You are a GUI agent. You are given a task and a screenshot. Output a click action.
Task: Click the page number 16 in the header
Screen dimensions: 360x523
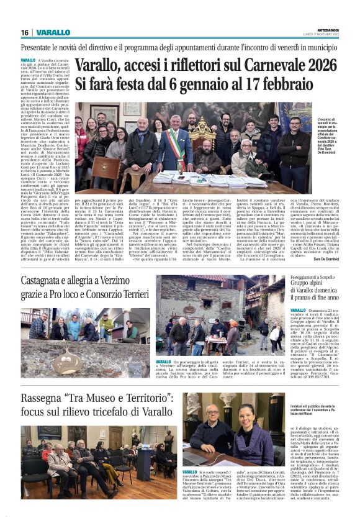(x=24, y=32)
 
